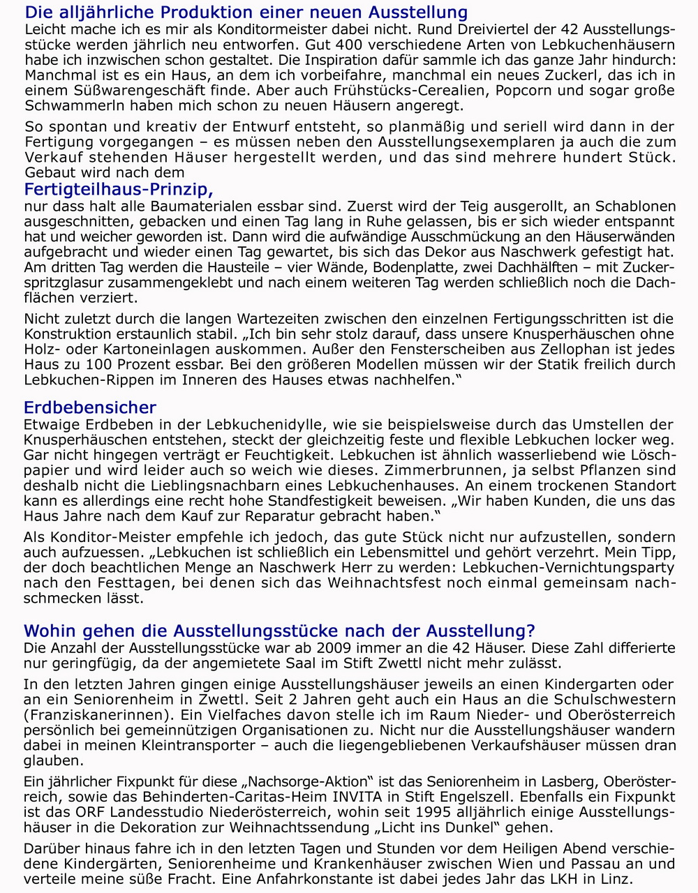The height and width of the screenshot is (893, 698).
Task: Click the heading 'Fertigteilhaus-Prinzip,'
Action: point(119,189)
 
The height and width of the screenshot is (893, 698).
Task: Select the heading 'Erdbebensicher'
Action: point(90,407)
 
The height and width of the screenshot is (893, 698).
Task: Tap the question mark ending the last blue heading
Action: point(530,631)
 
